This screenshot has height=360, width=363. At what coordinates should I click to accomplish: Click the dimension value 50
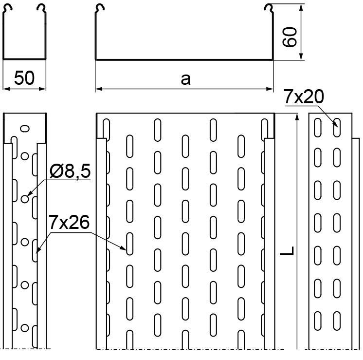coord(24,78)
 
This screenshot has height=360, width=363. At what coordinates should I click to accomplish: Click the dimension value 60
coord(290,37)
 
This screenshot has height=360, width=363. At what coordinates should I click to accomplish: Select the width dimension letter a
coord(186,79)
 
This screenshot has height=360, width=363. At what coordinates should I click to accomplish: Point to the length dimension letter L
coord(287,251)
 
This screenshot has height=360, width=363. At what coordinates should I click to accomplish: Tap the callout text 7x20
coord(304,96)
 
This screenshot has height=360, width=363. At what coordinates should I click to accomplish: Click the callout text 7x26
coord(69,222)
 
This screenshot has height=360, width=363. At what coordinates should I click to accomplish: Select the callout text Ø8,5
coord(70,171)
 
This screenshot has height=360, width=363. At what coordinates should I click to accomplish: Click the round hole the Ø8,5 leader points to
coord(25,199)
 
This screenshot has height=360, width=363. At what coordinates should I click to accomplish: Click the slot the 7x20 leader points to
coord(337,128)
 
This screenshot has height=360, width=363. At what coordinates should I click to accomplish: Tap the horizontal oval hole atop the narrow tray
coord(25,129)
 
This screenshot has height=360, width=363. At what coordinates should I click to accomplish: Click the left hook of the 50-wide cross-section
coord(8,8)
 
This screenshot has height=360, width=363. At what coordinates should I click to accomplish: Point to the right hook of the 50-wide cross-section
coord(42,8)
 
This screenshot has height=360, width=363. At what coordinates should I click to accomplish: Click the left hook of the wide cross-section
coord(100,8)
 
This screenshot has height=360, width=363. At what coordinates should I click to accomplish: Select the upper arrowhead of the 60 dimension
coord(301,8)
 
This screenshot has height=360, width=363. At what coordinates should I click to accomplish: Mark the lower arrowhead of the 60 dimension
coord(301,57)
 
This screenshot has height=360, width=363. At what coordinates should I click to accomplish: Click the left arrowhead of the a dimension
coord(99,89)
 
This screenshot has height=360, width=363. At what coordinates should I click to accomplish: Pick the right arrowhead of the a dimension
coord(270,89)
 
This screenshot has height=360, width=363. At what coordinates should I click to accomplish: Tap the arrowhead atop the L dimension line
coord(297,117)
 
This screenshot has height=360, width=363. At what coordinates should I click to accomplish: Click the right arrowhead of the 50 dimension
coord(42,89)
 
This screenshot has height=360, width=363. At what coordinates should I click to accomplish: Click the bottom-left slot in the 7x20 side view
coord(318,321)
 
